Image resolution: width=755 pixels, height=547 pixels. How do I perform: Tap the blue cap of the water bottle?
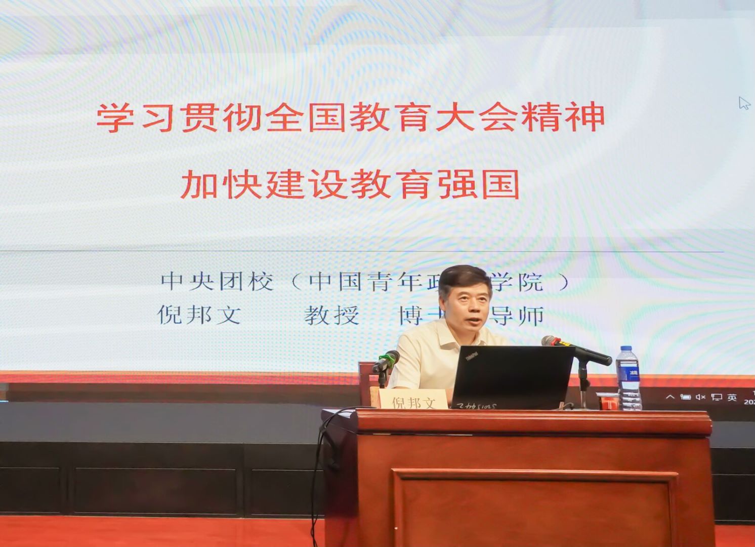626,349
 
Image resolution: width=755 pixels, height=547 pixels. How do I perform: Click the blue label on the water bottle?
633,374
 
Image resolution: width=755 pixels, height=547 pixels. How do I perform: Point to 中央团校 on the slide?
217,282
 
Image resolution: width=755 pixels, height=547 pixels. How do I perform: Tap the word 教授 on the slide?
331,316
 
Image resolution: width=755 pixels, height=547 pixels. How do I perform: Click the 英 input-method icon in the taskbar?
732,398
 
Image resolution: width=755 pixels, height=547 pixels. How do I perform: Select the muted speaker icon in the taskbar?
700,397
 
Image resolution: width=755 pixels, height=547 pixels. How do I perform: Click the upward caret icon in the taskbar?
670,397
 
